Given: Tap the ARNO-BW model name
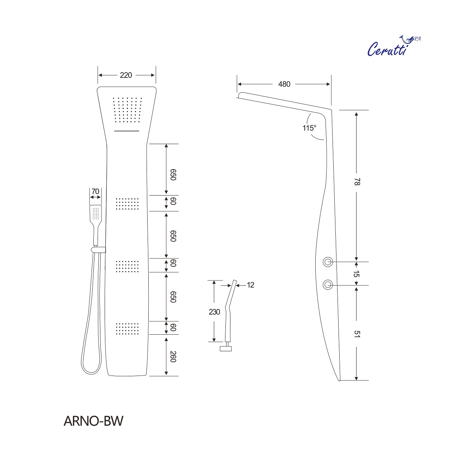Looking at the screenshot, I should [x=93, y=421].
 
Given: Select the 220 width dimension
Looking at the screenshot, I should [x=126, y=75].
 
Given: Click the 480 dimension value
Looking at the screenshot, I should [x=284, y=84].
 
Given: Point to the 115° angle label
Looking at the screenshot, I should [x=309, y=128].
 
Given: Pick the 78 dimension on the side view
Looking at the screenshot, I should [x=357, y=182].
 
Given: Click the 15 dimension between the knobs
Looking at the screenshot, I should [x=356, y=274].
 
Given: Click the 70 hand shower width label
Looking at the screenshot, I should [x=95, y=191].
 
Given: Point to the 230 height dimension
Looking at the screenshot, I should [x=214, y=312].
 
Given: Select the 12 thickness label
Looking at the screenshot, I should [x=250, y=285].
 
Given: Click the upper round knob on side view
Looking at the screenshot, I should [x=328, y=262].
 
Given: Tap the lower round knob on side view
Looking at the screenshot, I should [x=328, y=285].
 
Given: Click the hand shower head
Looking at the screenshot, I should [x=95, y=213].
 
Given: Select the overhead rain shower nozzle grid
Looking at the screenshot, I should [x=127, y=110].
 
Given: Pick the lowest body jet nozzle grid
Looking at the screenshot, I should [x=127, y=328].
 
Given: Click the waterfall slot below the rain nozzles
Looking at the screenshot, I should [x=126, y=131].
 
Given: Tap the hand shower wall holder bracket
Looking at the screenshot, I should [x=98, y=249].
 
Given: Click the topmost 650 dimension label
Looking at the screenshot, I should [x=173, y=174].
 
